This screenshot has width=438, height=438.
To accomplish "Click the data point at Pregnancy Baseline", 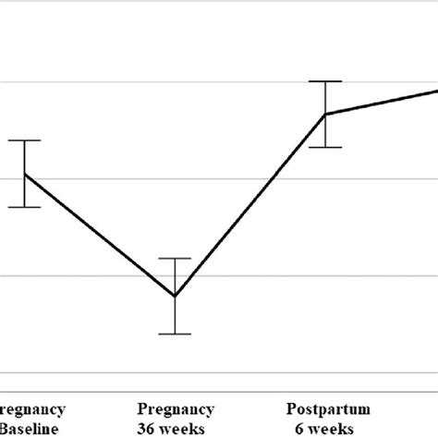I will click(x=25, y=174).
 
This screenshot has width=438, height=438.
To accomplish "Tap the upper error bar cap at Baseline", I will click(x=25, y=140).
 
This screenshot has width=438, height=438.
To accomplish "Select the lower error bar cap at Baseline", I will click(x=25, y=207).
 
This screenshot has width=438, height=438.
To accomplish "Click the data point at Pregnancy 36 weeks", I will click(x=175, y=296).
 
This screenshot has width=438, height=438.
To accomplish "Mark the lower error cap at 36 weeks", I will click(x=175, y=334).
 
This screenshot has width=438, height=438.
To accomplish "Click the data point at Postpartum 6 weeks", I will click(x=325, y=114).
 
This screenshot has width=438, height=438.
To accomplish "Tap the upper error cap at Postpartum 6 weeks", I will click(x=325, y=81).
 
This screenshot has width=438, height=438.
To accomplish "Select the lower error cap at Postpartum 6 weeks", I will click(x=325, y=147).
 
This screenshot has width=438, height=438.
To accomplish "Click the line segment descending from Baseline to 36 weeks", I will click(x=100, y=235).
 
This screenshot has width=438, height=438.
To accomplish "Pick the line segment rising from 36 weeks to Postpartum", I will click(x=249, y=205).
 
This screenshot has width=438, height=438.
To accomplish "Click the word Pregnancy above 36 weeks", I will click(x=176, y=409).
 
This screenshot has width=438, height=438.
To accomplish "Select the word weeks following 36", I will click(x=187, y=428).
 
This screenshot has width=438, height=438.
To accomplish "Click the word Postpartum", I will click(x=328, y=408).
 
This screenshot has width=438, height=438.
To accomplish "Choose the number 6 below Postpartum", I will click(x=299, y=428).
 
